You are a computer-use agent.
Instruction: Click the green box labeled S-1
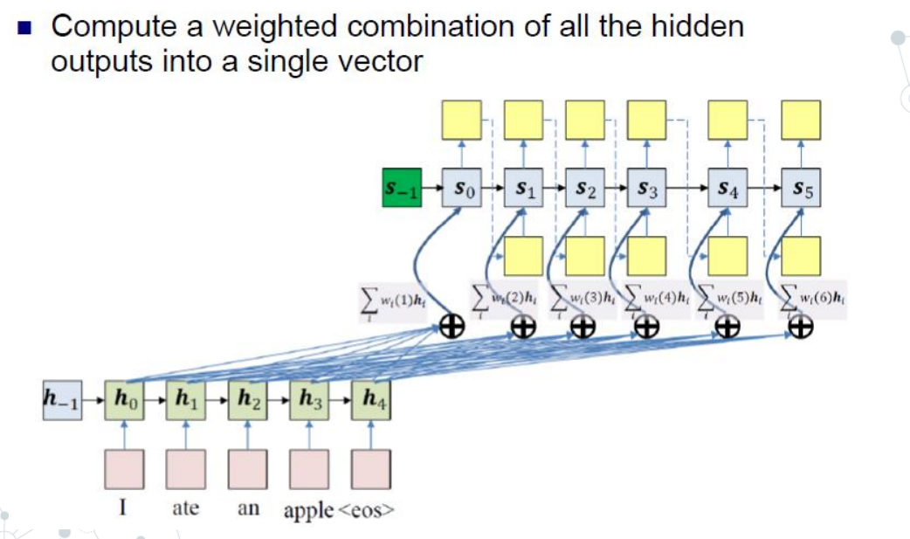(x=402, y=188)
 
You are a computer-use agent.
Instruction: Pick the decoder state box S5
(x=801, y=188)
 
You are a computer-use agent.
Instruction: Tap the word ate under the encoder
(x=185, y=508)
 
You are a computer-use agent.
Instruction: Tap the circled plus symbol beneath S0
(x=452, y=327)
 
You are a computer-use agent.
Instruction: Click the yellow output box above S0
(x=462, y=121)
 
